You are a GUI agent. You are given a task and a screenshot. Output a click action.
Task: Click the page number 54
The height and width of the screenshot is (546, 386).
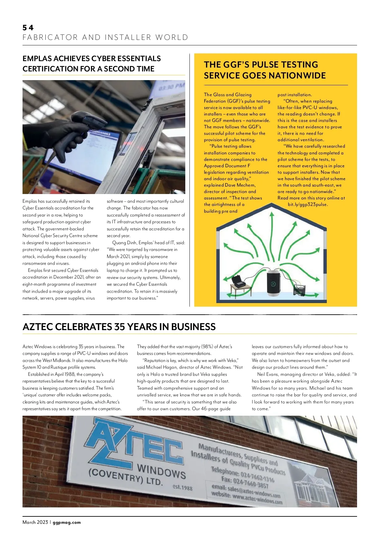28,28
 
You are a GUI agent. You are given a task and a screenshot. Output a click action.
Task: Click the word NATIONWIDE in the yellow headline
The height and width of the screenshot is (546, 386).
297,76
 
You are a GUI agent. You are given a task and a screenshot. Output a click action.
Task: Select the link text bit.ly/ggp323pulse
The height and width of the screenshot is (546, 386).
308,205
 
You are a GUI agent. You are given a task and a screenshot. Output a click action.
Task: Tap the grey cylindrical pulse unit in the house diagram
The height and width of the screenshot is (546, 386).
274,283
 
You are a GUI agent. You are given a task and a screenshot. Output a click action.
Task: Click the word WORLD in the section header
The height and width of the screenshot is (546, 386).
172,37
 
